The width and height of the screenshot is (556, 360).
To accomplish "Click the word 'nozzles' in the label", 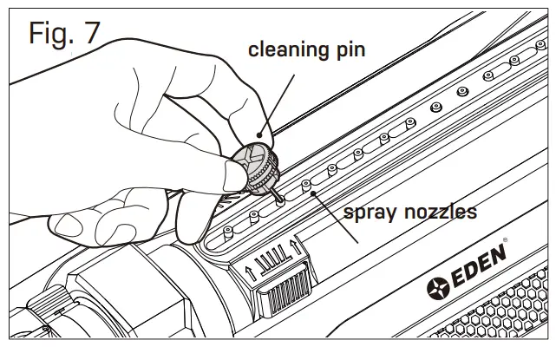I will click(441, 211).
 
